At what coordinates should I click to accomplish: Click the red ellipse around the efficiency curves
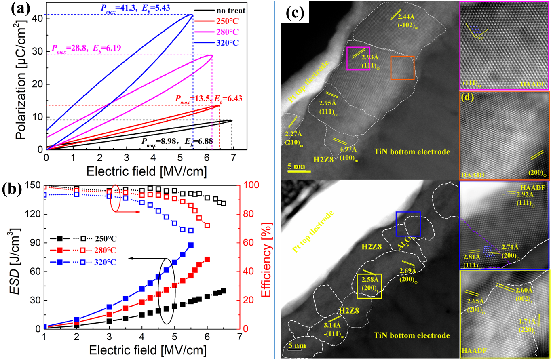(115, 198)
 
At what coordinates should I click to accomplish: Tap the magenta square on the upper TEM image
(359, 59)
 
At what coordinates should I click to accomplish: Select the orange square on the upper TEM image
(402, 68)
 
